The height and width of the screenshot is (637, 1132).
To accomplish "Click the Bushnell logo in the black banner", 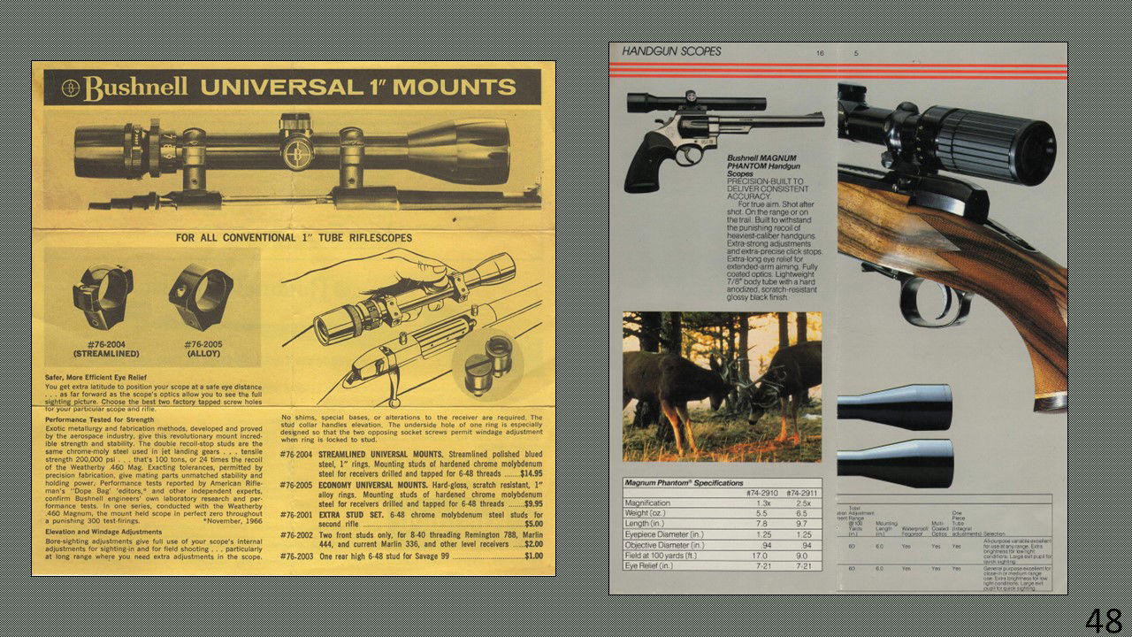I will [124, 88].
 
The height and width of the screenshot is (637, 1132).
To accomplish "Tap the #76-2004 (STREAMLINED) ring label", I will [105, 349].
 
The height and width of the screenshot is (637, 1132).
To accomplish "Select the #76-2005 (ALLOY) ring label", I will [203, 349].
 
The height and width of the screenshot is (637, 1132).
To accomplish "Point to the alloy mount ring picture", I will [201, 296].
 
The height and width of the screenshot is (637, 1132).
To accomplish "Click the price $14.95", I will [531, 473].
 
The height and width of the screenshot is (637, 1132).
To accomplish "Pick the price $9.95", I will [532, 503].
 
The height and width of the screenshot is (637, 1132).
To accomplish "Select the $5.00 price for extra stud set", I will [533, 524].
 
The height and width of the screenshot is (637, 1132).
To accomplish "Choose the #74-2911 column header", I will [803, 493].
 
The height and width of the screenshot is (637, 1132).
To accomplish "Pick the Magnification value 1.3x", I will [761, 503].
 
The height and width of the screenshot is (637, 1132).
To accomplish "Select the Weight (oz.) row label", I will [645, 514].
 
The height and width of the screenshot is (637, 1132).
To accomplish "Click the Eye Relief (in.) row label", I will [649, 566].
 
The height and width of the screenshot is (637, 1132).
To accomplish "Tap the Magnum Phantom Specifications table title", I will [671, 483].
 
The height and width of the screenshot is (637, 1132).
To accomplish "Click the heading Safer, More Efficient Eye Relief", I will [107, 378].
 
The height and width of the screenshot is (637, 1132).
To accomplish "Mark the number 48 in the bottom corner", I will [1104, 620].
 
